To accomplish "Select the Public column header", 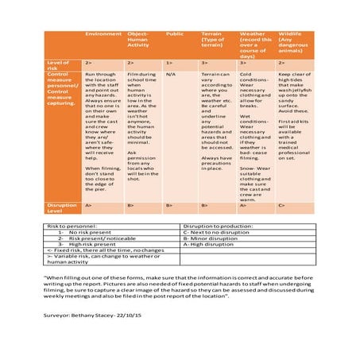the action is click(174, 34).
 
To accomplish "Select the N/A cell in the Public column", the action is click(171, 74).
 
